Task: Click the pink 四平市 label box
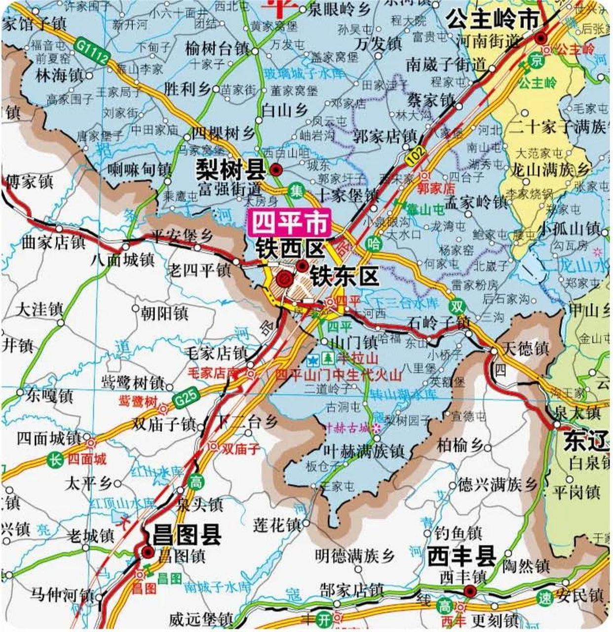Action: (x=290, y=223)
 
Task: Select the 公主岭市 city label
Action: (x=492, y=20)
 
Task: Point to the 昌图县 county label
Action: (x=187, y=534)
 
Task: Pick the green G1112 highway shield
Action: (x=92, y=51)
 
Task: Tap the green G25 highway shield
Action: (x=187, y=396)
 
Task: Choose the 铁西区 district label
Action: (x=290, y=248)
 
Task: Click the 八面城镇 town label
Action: (x=122, y=260)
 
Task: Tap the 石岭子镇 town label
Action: (x=439, y=323)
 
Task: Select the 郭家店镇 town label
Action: (x=385, y=136)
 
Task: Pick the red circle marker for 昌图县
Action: (x=147, y=552)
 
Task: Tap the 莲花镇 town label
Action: (x=276, y=524)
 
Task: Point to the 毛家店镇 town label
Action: (x=216, y=353)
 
